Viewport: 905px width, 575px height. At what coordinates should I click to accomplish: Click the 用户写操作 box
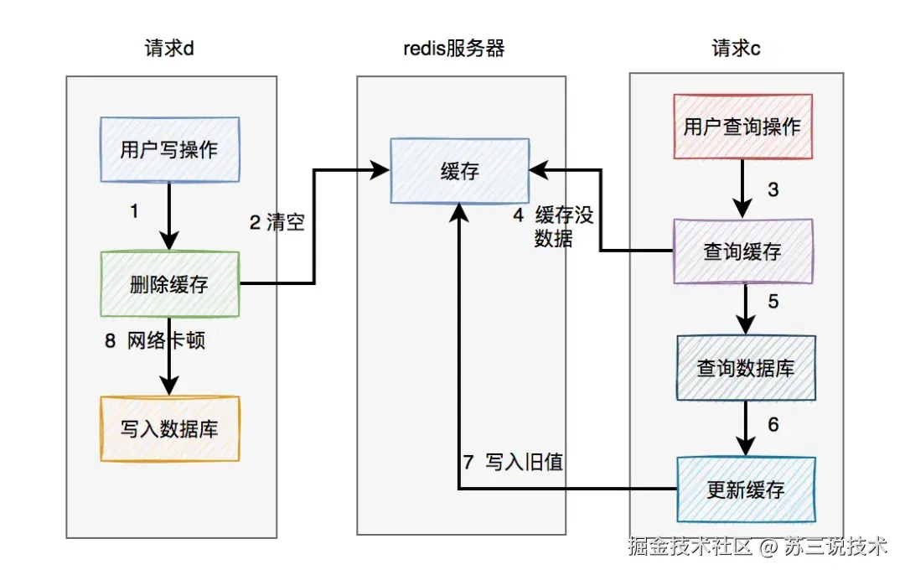[169, 149]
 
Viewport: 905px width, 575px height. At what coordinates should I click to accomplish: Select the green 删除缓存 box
[169, 284]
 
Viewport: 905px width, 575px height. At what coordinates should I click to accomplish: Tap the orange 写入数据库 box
[169, 429]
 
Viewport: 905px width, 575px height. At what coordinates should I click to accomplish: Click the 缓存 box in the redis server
[459, 172]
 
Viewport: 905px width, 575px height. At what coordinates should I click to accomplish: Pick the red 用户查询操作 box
[742, 127]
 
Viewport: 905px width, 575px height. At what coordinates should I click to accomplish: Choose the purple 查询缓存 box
[742, 251]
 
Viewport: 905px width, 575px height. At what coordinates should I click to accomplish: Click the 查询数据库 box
[745, 367]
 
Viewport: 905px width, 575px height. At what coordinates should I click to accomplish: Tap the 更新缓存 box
[745, 489]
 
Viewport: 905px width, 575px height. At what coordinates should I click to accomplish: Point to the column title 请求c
[736, 48]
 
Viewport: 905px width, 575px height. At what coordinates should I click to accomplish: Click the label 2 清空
[277, 222]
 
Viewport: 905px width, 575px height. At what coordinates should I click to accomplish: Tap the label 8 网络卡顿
[154, 341]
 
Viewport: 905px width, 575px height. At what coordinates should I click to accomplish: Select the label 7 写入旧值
[512, 461]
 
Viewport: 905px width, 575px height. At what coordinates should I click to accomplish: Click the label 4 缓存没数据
[553, 226]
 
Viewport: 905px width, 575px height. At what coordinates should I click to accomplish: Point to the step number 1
[134, 212]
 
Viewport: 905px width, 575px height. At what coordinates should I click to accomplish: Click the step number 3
[773, 189]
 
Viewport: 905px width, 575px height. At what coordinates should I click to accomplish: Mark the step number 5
[773, 300]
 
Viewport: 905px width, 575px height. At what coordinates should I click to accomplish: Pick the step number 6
[773, 425]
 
